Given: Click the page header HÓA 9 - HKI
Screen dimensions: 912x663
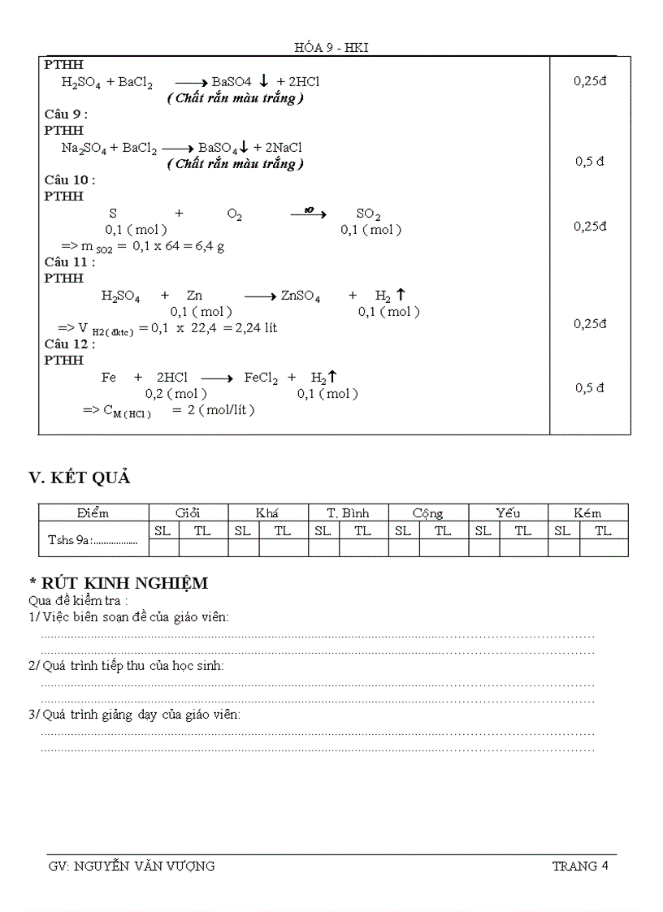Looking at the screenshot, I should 331,48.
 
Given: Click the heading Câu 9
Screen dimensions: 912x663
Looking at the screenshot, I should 66,115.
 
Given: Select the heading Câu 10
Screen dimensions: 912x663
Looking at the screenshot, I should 69,179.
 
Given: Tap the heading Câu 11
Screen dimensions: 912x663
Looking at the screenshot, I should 69,261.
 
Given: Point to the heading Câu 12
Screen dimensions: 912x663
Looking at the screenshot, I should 69,344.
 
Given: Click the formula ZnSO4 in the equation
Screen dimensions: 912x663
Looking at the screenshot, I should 300,296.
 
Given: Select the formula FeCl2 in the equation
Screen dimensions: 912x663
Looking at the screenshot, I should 261,378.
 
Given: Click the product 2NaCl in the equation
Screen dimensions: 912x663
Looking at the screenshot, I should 278,148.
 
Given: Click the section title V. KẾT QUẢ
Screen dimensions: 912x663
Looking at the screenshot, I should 80,478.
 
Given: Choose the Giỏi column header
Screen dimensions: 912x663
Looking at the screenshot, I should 188,513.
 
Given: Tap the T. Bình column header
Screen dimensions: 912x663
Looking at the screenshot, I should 348,513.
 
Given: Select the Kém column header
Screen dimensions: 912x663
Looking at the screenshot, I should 587,513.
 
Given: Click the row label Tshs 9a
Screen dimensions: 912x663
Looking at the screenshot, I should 92,538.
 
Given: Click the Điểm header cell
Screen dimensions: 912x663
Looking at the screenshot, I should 93,513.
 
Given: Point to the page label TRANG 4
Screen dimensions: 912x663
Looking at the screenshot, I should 580,866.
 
